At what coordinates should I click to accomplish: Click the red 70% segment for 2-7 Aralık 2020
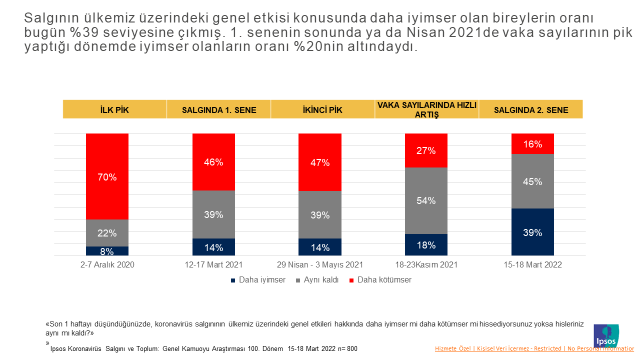(x=107, y=176)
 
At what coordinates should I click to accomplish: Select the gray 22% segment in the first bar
(x=107, y=232)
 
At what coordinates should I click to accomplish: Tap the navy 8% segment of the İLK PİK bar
(x=107, y=251)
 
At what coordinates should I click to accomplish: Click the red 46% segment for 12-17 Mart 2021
(x=213, y=161)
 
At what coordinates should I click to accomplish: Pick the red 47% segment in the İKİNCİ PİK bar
(x=320, y=162)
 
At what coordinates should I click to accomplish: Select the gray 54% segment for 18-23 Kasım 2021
(x=427, y=200)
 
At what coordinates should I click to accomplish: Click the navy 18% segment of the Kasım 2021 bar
(x=427, y=244)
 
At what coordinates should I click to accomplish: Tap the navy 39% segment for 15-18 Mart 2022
(x=533, y=231)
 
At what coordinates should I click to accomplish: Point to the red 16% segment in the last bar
(x=533, y=144)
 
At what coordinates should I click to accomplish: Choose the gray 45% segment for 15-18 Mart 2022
(x=533, y=181)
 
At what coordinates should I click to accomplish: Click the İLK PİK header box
(x=107, y=110)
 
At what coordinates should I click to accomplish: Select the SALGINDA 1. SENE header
(x=213, y=110)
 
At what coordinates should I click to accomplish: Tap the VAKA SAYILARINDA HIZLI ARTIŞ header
(x=427, y=110)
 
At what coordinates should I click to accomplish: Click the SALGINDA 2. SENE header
(x=533, y=110)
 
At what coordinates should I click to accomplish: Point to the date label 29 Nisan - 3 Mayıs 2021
(x=320, y=266)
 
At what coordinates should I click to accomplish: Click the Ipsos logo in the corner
(x=607, y=332)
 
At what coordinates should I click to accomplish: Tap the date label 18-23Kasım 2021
(x=427, y=266)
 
